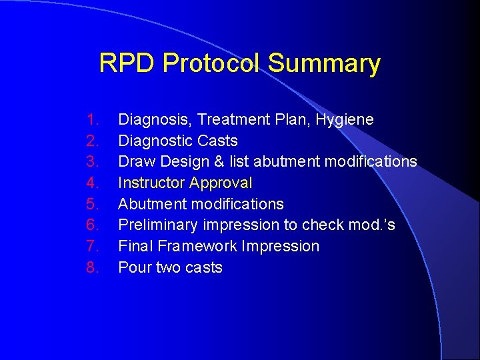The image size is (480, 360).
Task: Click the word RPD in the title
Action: [127, 64]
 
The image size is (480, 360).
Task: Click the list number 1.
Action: [92, 120]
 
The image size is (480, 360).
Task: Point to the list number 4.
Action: [92, 183]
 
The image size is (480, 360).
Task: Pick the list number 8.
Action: [92, 268]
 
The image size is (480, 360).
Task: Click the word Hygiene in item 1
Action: [344, 120]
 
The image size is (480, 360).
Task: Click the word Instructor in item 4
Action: [151, 183]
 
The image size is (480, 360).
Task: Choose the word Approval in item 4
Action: [221, 183]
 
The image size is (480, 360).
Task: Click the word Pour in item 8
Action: [133, 268]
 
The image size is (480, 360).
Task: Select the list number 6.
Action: [92, 225]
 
